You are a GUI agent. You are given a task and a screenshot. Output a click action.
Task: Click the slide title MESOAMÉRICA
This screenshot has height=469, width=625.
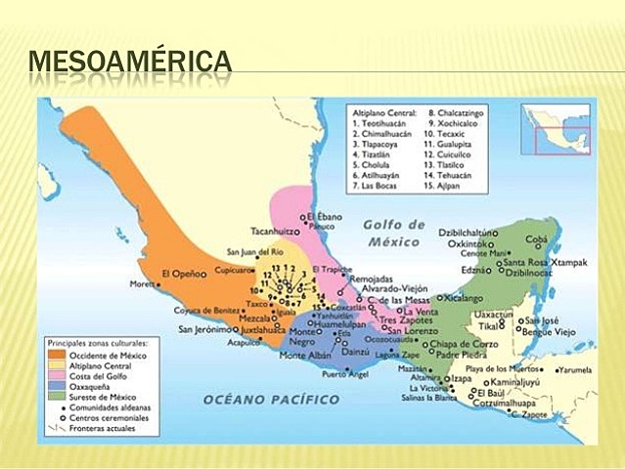(x=131, y=63)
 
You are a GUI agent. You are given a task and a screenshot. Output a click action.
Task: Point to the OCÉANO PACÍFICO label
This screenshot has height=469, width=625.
(x=272, y=399)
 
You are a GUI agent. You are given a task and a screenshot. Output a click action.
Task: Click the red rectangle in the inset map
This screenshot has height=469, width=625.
(x=565, y=141)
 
